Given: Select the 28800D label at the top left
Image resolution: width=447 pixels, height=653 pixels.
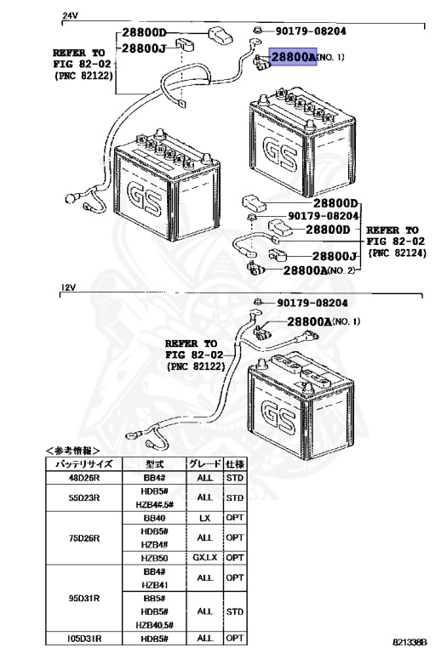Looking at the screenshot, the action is tap(144, 33).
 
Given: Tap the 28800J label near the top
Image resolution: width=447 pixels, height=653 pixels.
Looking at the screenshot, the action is tap(143, 48).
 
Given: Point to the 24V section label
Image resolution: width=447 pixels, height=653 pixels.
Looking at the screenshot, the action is tap(70, 16).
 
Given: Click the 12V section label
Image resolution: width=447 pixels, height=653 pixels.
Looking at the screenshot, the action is tap(69, 287).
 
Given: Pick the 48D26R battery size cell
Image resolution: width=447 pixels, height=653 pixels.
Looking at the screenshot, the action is tap(84, 478).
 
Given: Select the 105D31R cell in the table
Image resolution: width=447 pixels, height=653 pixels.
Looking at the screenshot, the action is tap(84, 638).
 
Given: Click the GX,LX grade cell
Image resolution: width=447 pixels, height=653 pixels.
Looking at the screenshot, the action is tap(204, 558).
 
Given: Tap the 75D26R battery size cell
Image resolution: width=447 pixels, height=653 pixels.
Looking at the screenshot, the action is tap(84, 538).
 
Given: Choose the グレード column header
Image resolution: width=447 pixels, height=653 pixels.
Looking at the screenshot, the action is tap(204, 464).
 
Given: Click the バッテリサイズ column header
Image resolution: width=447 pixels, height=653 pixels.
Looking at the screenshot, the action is tap(84, 464).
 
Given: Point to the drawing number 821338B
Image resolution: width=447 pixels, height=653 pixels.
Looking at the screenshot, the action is tap(410, 643).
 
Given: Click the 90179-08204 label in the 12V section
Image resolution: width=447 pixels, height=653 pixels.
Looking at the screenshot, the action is tap(312, 303).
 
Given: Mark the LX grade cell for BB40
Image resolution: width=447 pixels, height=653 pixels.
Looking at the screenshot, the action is tap(204, 518).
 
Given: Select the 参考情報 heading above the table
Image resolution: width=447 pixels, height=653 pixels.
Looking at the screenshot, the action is tap(72, 451).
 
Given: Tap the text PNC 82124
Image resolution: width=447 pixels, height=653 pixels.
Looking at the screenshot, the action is tap(398, 253).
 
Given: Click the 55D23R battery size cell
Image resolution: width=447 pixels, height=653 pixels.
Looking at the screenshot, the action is tap(84, 497).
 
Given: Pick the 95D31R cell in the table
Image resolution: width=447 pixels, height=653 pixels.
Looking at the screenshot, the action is tap(84, 599).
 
